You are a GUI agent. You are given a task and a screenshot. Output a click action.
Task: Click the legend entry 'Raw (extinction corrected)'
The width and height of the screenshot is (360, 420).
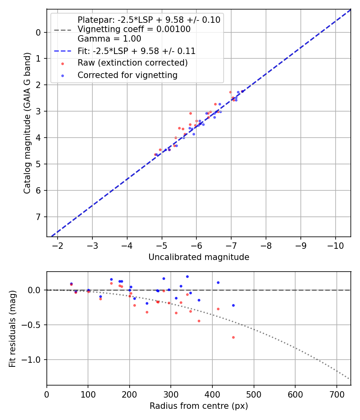[x=132, y=63]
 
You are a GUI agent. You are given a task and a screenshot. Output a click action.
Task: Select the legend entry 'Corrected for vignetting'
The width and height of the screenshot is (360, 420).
[x=128, y=75]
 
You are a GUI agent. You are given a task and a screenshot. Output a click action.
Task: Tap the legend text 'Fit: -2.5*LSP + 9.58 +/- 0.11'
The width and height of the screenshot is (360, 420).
[x=136, y=51]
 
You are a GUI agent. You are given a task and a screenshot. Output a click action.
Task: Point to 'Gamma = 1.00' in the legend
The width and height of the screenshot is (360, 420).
[x=109, y=39]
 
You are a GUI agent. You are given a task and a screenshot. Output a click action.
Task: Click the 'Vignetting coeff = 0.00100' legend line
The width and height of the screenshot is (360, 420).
[x=134, y=29]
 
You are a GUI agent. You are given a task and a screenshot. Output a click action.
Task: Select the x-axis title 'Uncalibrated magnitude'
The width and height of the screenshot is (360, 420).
[x=199, y=257]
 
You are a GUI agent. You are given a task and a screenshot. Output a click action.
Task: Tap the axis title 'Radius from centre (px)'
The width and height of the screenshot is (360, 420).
[x=199, y=406]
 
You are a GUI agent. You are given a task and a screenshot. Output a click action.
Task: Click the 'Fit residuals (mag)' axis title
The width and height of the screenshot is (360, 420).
[x=12, y=328]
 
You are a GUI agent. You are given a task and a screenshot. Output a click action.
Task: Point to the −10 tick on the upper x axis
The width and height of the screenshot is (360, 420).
[x=335, y=245]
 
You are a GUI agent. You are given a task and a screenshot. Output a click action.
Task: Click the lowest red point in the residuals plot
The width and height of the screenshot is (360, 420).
[x=233, y=337]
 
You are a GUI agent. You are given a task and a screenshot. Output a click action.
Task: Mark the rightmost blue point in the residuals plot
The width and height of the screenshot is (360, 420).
[x=233, y=305]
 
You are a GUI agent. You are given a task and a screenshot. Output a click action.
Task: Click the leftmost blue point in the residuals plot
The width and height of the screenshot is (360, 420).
[x=71, y=284]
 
